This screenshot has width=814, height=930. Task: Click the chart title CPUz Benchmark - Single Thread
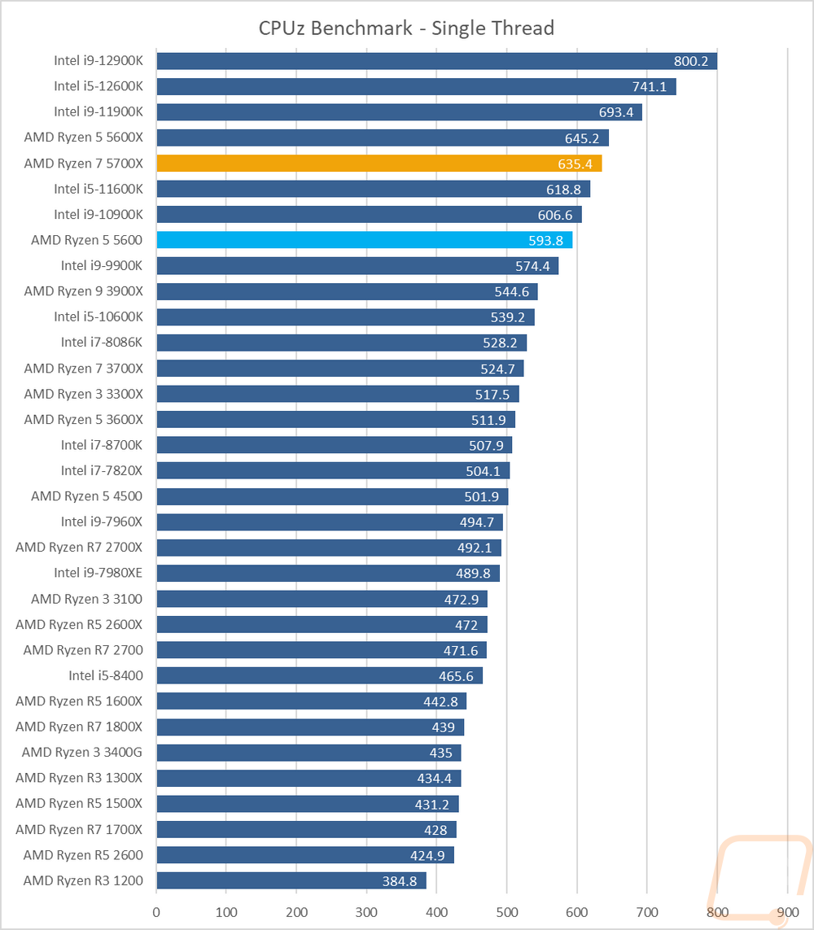tap(406, 28)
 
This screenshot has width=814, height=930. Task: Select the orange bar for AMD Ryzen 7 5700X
tap(379, 164)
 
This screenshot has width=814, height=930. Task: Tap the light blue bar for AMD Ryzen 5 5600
tap(364, 240)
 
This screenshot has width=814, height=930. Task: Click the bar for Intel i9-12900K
tap(436, 61)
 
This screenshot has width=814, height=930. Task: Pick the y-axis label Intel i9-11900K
tap(98, 112)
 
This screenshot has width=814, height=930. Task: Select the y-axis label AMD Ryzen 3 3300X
tap(83, 394)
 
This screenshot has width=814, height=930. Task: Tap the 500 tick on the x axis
tap(507, 912)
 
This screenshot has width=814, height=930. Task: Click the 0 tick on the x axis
tap(156, 912)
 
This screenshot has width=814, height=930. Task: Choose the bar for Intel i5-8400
tap(319, 675)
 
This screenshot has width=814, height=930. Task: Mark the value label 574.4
tap(532, 266)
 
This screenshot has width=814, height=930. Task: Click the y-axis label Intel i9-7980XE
tap(98, 573)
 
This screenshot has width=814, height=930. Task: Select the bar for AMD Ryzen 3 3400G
tap(309, 753)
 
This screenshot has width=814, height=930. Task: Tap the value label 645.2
tap(582, 138)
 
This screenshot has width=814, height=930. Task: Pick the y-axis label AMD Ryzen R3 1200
tap(83, 880)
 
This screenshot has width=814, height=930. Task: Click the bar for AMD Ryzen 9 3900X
tap(347, 291)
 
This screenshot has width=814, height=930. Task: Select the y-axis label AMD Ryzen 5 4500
tap(87, 496)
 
